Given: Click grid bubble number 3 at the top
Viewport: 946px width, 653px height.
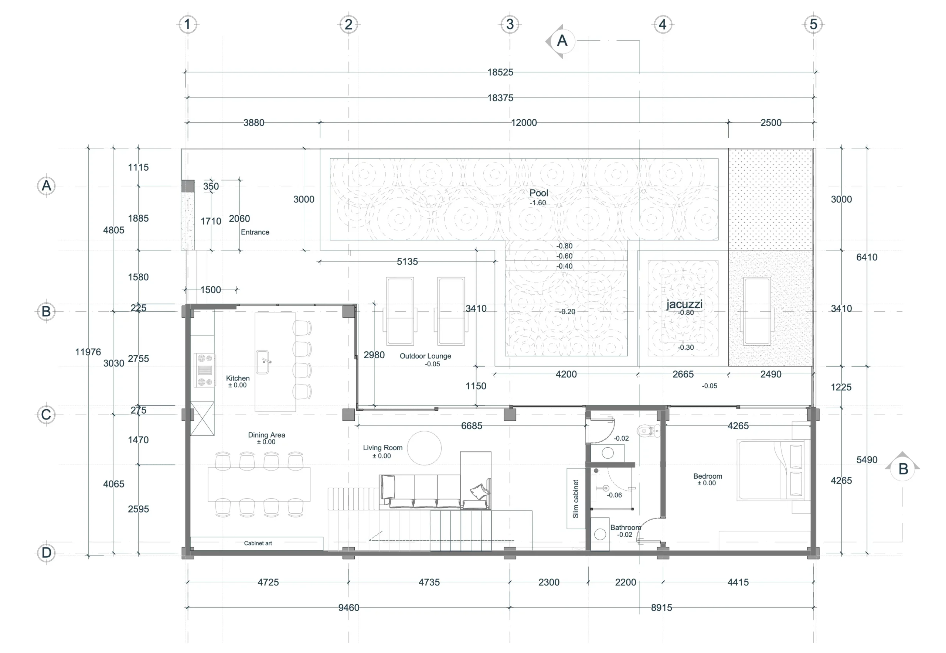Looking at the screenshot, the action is (x=510, y=24).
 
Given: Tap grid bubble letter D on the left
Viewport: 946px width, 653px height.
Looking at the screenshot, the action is (x=46, y=553).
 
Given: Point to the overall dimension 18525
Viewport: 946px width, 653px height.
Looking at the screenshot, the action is (x=500, y=72).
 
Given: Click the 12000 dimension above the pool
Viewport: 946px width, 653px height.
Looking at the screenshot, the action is (x=524, y=123).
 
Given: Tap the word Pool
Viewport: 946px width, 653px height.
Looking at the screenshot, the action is (x=539, y=193).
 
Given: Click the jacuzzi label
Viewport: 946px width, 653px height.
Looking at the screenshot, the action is (x=684, y=304).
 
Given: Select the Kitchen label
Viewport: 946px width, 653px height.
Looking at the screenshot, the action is (x=238, y=379).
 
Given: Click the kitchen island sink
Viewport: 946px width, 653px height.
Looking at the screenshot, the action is (x=262, y=362).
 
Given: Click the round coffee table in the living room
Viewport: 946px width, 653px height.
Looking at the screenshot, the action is (x=425, y=448).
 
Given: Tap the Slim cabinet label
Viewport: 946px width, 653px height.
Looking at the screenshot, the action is (x=575, y=499).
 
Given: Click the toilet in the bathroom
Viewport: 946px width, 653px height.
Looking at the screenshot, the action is (x=649, y=430).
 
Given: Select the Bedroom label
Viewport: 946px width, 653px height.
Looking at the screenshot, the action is (x=708, y=476).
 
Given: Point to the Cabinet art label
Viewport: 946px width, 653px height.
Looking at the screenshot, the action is (x=258, y=543).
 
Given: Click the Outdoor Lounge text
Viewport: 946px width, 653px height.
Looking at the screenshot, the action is (x=425, y=356).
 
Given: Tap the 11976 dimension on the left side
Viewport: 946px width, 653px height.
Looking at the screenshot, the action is (x=88, y=352).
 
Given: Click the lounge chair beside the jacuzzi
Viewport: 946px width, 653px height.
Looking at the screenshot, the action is (x=757, y=311).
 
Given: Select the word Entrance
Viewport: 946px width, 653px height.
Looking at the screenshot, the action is (x=255, y=232).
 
